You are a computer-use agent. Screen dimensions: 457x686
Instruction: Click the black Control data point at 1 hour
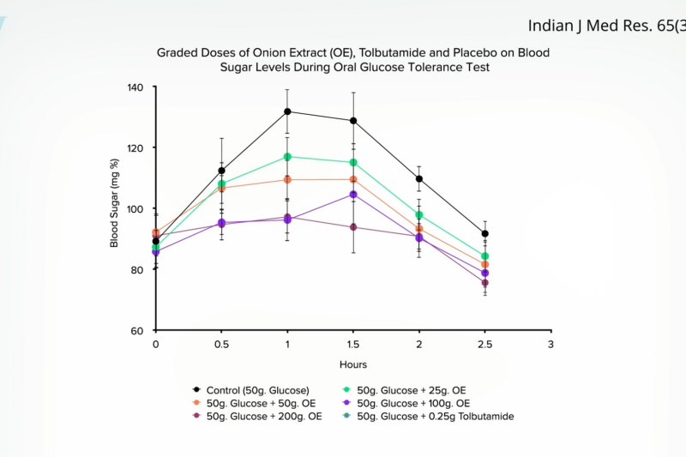click(x=287, y=111)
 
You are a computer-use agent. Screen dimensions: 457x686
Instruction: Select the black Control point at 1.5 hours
click(x=353, y=121)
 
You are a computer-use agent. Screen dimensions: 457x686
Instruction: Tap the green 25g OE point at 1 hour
click(x=287, y=157)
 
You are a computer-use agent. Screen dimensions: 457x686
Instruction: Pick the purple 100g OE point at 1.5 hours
click(x=353, y=195)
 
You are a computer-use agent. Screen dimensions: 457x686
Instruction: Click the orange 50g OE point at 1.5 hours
click(x=353, y=179)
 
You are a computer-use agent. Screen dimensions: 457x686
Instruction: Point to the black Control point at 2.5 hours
click(x=484, y=233)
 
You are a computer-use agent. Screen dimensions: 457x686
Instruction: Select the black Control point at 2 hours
click(x=419, y=179)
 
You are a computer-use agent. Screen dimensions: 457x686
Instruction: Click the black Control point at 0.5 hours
click(x=221, y=171)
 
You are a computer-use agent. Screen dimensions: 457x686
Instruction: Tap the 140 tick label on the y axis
click(x=137, y=87)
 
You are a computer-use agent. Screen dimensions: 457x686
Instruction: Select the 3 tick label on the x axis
click(x=551, y=345)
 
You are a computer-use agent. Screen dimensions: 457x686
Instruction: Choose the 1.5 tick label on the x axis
click(x=353, y=345)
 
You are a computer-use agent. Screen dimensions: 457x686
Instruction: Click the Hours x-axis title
click(x=352, y=364)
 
